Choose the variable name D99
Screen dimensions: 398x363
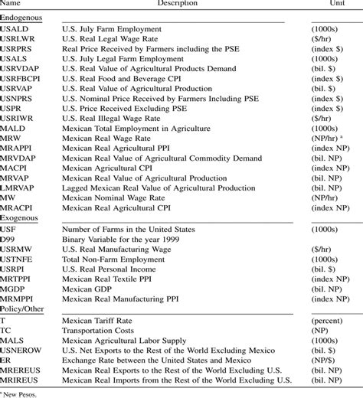(x=10, y=240)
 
